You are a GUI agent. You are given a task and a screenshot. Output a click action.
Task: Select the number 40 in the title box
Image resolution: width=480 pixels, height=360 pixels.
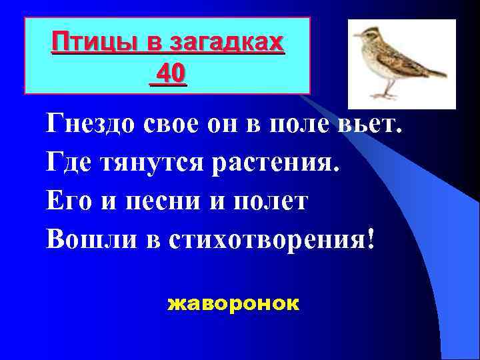coord(170,73)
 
